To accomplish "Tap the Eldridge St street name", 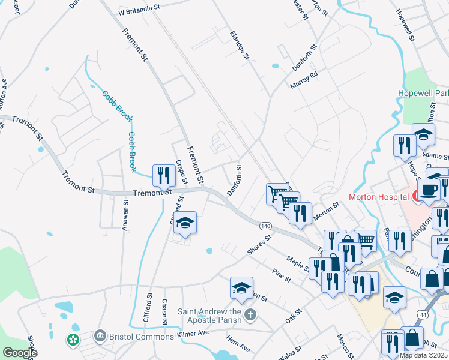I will point(239,46).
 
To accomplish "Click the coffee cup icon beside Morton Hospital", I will point(429,190).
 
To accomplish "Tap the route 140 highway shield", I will point(265,226).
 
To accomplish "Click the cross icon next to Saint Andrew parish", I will point(251,314).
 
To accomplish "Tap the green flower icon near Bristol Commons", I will point(73,340).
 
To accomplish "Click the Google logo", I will point(19,353).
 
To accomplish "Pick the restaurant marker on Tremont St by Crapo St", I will point(163,176).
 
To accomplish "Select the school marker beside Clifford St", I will point(185,224).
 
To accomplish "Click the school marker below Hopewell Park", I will point(423,135).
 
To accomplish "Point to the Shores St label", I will point(259,244).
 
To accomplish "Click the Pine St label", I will point(281,276).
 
